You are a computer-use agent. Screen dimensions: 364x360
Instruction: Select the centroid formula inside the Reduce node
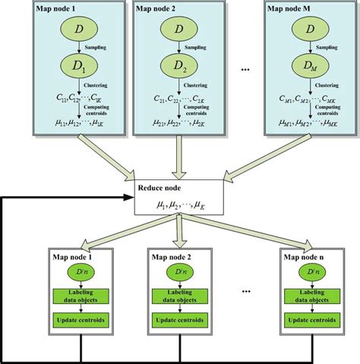(179, 204)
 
